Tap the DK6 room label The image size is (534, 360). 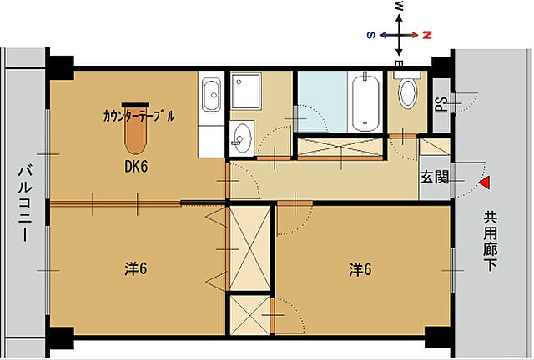click(x=137, y=166)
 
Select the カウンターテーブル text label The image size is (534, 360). click(x=139, y=116)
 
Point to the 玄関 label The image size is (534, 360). click(x=434, y=177)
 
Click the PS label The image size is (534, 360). click(x=440, y=105)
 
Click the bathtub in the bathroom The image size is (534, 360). click(x=366, y=103)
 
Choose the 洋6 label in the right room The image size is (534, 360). click(x=360, y=269)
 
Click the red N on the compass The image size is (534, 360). click(x=426, y=36)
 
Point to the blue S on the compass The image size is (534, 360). click(x=370, y=35)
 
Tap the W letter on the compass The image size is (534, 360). click(x=399, y=7)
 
